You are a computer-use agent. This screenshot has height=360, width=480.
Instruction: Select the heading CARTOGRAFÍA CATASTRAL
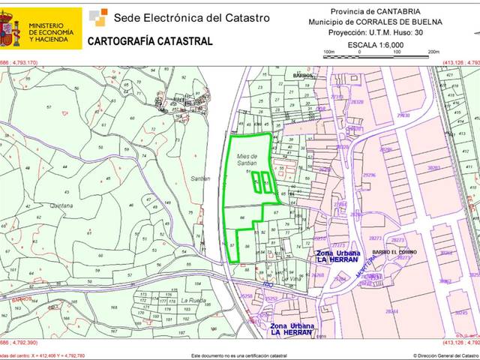150,42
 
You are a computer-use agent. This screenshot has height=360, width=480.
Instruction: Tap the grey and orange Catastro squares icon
98,16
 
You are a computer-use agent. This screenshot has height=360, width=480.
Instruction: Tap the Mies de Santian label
247,155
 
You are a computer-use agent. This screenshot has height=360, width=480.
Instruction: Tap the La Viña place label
269,279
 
